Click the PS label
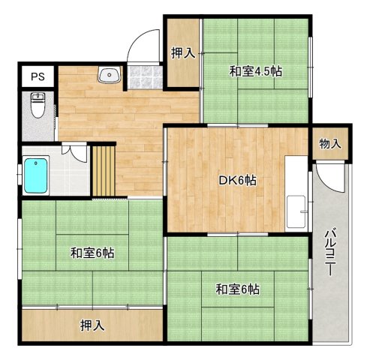(x=36, y=76)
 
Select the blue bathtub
(x=36, y=175)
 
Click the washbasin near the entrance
(x=109, y=75)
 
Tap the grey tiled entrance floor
(x=145, y=76)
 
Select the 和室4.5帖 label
(x=255, y=72)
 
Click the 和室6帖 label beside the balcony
(x=238, y=289)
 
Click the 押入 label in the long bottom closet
(x=93, y=325)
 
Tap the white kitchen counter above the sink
(x=298, y=176)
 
